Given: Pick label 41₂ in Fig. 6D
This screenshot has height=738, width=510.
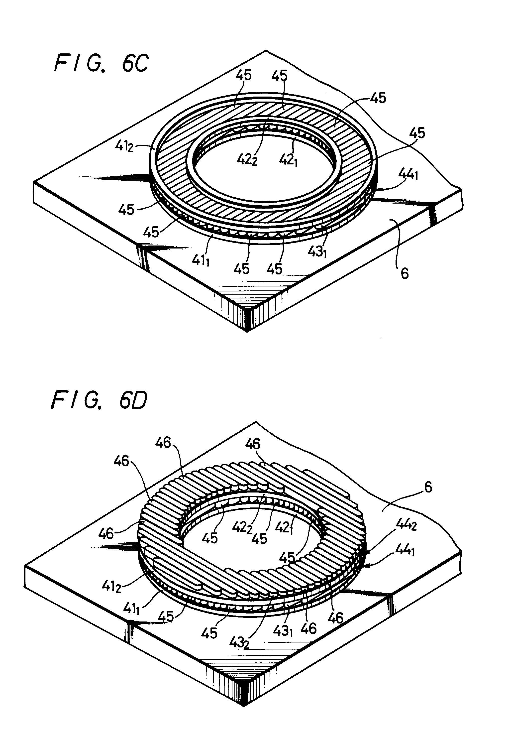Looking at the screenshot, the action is pos(111,586).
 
